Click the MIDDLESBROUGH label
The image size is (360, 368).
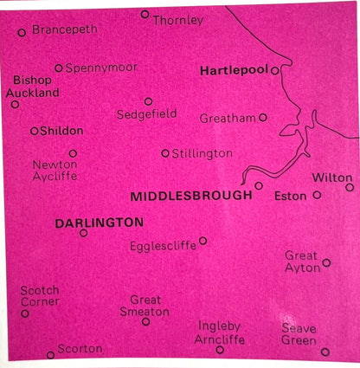pyautogui.click(x=191, y=197)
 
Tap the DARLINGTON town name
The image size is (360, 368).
pyautogui.click(x=99, y=223)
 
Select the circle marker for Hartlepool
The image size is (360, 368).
pyautogui.click(x=274, y=70)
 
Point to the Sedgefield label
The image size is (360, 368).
pyautogui.click(x=146, y=114)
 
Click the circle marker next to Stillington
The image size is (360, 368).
pyautogui.click(x=165, y=153)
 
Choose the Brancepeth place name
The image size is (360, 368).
pyautogui.click(x=65, y=29)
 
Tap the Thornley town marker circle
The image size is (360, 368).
pyautogui.click(x=145, y=14)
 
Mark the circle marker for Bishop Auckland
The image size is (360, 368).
pyautogui.click(x=15, y=104)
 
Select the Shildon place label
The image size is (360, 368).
pyautogui.click(x=63, y=131)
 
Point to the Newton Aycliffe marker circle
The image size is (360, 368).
pyautogui.click(x=73, y=153)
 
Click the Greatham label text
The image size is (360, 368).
pyautogui.click(x=228, y=117)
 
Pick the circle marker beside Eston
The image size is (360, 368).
pyautogui.click(x=317, y=195)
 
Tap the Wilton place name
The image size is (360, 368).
pyautogui.click(x=332, y=177)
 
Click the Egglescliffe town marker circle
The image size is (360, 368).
pyautogui.click(x=202, y=241)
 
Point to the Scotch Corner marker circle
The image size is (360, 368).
pyautogui.click(x=25, y=313)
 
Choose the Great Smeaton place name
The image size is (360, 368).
pyautogui.click(x=145, y=306)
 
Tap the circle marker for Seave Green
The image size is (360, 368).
pyautogui.click(x=325, y=352)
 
